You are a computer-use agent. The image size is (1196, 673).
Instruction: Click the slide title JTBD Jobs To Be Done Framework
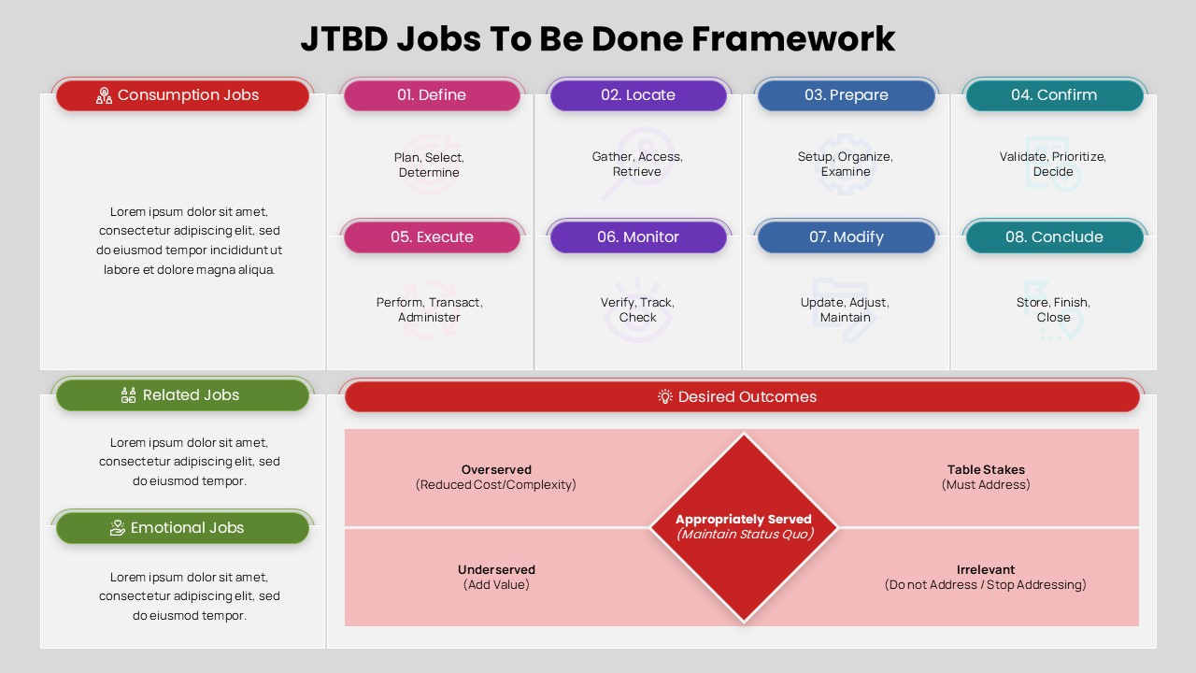click(598, 39)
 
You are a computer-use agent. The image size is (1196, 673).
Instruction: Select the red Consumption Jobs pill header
click(182, 95)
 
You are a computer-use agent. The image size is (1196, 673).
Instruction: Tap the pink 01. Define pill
click(432, 95)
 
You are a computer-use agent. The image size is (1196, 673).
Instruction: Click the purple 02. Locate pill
click(638, 95)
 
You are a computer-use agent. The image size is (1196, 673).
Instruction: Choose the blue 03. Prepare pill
click(846, 95)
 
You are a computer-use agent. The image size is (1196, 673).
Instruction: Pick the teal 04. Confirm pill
click(1053, 95)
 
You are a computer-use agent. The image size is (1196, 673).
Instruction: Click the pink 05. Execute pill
click(432, 237)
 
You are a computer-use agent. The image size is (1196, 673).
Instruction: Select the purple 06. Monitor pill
click(638, 237)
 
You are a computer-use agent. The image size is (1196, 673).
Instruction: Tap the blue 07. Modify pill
click(846, 237)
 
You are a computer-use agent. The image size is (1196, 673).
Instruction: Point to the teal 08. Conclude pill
click(1053, 237)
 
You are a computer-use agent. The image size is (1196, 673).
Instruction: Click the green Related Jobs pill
click(182, 395)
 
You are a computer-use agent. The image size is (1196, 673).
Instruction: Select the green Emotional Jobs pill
click(182, 528)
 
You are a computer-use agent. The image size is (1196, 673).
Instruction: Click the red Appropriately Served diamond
click(744, 527)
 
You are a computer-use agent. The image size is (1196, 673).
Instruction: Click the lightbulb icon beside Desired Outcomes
click(665, 396)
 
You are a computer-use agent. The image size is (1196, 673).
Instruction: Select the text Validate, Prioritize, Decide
click(1053, 165)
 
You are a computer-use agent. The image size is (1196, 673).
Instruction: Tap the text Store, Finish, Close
click(1053, 309)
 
